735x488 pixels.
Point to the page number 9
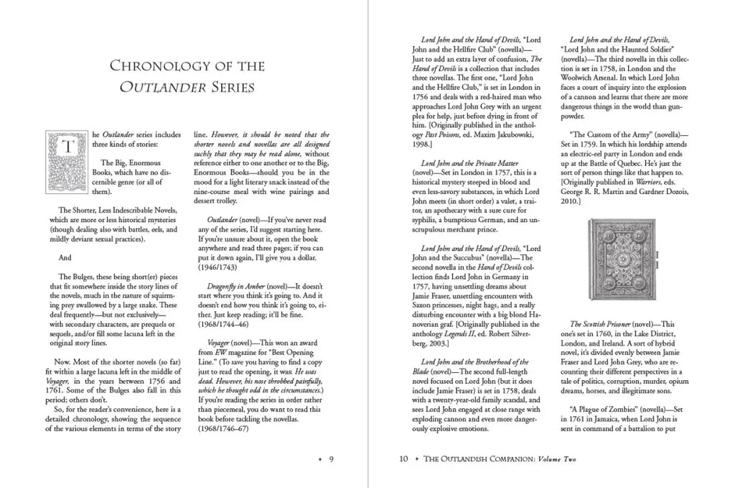click(332, 459)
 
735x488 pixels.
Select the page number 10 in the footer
click(403, 459)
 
